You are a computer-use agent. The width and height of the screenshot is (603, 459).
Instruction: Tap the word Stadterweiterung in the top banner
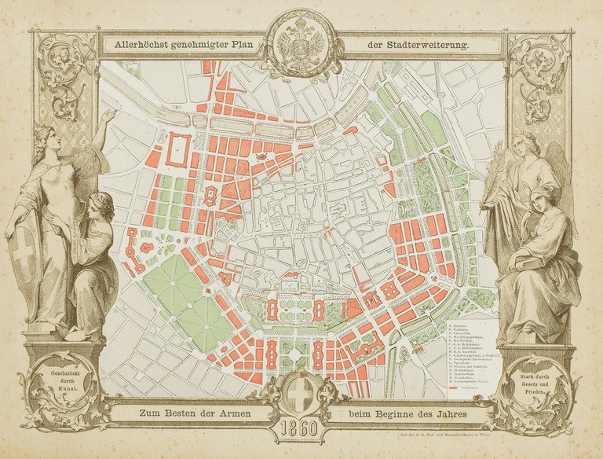427,46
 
